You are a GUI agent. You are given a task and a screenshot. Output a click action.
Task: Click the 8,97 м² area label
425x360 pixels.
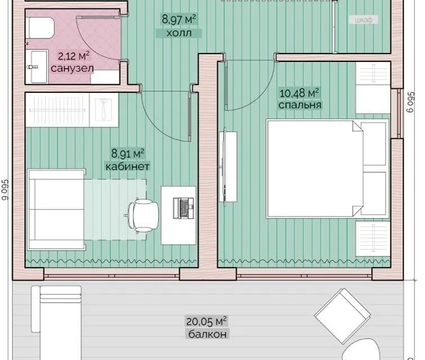coord(179,20)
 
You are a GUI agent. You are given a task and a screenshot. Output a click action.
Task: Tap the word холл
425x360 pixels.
coord(179,33)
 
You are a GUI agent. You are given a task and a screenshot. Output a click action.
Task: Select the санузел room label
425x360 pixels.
coord(73,68)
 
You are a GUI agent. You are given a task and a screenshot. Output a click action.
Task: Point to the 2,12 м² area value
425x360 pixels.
coord(74,56)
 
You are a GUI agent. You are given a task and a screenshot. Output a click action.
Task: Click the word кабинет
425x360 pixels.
coord(127,166)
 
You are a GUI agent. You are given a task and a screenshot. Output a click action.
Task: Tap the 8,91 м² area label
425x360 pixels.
coord(128,154)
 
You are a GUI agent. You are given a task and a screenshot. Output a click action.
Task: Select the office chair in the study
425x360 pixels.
coord(142,215)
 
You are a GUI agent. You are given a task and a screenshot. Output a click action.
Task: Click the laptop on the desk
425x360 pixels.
coord(184,208)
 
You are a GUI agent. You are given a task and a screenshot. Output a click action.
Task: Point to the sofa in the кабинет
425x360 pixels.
coord(57,209)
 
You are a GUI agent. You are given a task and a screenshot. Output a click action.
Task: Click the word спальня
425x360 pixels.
coord(300,105)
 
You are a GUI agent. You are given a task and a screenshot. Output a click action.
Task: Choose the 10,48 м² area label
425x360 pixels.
coord(299,93)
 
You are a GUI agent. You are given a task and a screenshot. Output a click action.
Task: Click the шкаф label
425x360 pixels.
coord(364,20)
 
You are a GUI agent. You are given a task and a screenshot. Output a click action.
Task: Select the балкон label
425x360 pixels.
coord(208,334)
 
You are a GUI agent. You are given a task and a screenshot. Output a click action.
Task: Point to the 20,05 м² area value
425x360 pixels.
coord(207,322)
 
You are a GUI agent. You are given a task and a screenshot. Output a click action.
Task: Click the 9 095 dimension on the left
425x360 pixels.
coord(6,190)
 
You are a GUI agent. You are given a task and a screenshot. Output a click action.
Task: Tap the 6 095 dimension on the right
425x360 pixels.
coord(411,102)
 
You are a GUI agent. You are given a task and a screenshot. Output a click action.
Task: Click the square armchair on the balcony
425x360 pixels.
coord(342,316)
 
